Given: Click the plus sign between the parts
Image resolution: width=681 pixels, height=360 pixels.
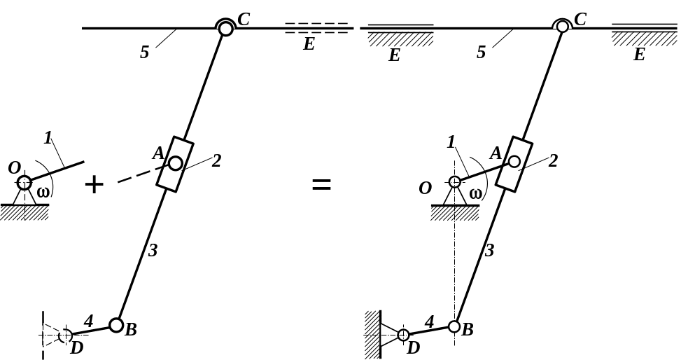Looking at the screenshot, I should click(x=94, y=185).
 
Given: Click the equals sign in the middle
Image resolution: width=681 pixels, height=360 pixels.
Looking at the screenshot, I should click(x=321, y=185).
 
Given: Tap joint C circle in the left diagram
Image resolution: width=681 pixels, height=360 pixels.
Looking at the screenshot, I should click(x=225, y=28).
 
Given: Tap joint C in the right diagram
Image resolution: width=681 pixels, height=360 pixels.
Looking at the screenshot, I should click(x=563, y=27).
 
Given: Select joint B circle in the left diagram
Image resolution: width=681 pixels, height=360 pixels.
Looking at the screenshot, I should click(x=116, y=325).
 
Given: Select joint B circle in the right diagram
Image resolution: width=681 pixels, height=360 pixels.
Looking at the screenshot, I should click(x=454, y=326).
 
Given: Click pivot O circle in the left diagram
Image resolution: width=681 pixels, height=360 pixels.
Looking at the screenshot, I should click(x=24, y=184).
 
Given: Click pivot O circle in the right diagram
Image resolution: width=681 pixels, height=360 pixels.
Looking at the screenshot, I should click(x=454, y=182).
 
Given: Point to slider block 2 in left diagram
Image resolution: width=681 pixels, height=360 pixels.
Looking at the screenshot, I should click(x=175, y=164).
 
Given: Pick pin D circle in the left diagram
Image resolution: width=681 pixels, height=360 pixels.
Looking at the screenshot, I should click(x=64, y=335).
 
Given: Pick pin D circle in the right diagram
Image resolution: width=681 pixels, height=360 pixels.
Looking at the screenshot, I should click(x=403, y=335).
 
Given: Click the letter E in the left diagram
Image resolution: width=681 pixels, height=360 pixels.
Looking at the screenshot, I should click(x=309, y=45).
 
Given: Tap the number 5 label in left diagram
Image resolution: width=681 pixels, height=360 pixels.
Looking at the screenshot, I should click(x=144, y=53).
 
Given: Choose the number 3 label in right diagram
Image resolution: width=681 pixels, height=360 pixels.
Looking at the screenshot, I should click(x=490, y=250).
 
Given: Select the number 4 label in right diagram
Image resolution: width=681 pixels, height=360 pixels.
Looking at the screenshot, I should click(x=430, y=321).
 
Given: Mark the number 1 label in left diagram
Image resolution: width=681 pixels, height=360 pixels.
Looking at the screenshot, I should click(x=48, y=138).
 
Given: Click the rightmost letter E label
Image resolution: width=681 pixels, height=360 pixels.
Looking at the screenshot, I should click(x=639, y=55).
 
